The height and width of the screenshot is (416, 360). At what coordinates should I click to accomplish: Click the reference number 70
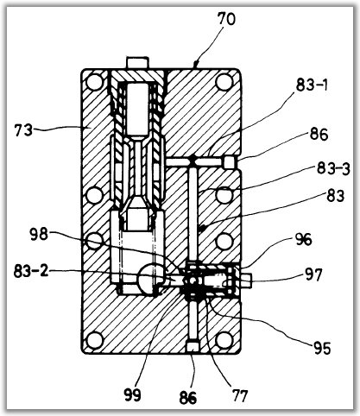(x=226, y=20)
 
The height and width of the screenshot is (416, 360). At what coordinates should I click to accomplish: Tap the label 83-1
(x=312, y=85)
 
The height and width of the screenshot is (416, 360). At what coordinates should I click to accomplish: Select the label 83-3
(x=333, y=168)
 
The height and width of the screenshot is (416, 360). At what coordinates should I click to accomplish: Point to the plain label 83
(x=335, y=196)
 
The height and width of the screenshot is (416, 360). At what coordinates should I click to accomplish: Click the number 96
(x=303, y=239)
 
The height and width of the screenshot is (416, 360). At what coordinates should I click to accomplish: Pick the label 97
(x=313, y=274)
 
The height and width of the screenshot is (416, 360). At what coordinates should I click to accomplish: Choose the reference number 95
(x=322, y=349)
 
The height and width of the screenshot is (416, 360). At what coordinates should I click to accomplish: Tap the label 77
(x=239, y=395)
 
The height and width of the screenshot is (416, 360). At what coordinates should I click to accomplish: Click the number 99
(x=132, y=394)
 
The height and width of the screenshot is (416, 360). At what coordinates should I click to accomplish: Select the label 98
(x=39, y=235)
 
